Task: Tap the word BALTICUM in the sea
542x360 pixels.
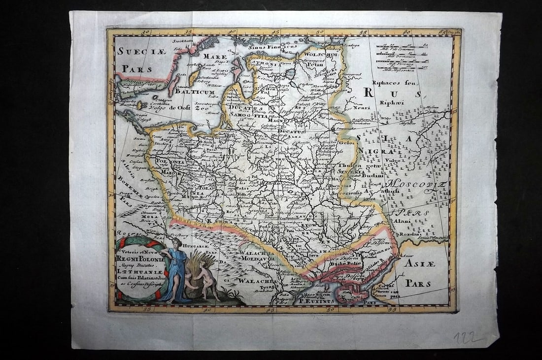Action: (195, 92)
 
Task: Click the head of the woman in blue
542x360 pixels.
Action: (176, 243)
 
